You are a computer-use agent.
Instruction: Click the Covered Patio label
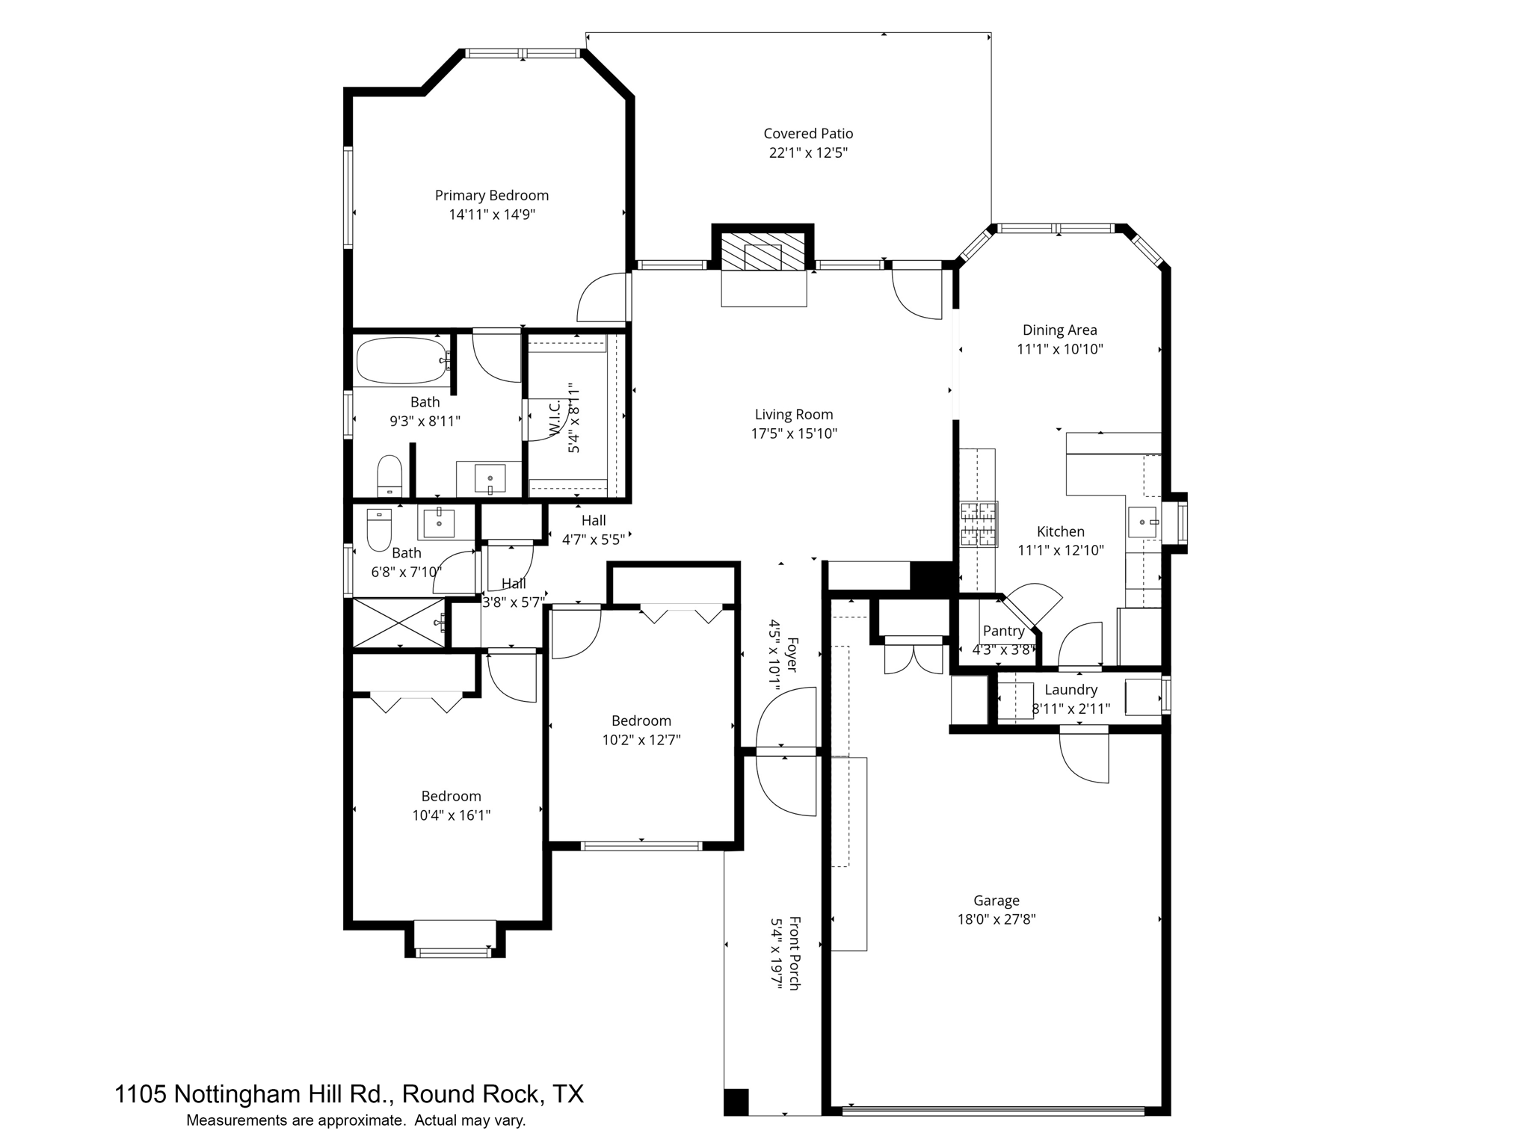tap(807, 134)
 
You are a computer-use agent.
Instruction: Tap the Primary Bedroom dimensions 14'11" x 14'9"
tap(492, 215)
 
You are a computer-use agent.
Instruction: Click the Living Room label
tap(793, 415)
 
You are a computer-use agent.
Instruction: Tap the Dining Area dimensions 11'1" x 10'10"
tap(1059, 349)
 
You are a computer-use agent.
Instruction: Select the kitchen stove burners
tap(979, 524)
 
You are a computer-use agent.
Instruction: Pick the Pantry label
tap(1003, 632)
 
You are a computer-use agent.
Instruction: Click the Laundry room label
tap(1071, 690)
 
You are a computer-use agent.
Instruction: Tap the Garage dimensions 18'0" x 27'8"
tap(996, 920)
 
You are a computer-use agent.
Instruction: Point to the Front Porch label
tap(794, 954)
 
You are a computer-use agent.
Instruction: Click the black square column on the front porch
tap(736, 1102)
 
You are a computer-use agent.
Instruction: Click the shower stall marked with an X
tap(398, 623)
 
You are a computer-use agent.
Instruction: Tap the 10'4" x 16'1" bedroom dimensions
tap(451, 815)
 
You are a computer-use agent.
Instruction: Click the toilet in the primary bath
tap(389, 476)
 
